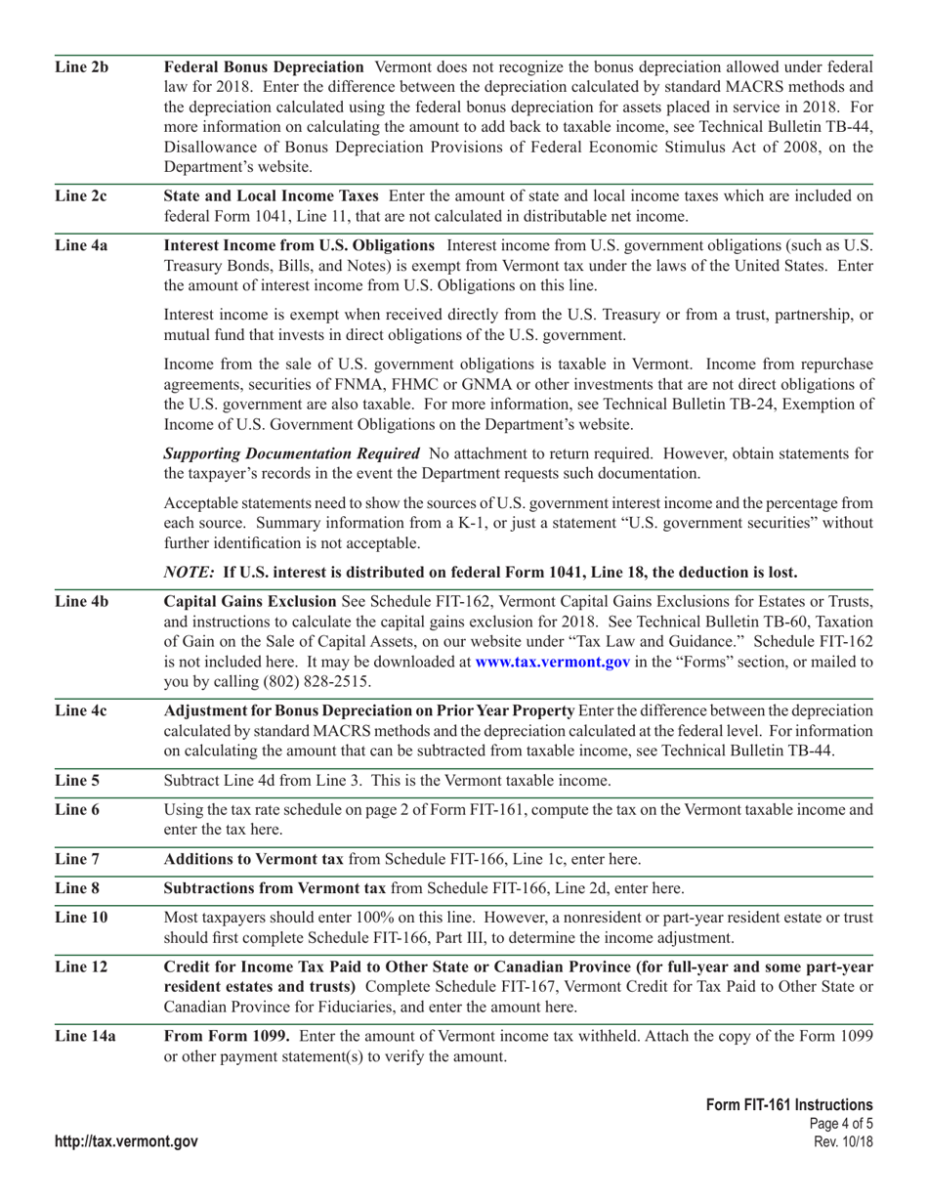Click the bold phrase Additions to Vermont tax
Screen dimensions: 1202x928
[253, 859]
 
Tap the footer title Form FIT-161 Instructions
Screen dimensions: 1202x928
[789, 1104]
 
